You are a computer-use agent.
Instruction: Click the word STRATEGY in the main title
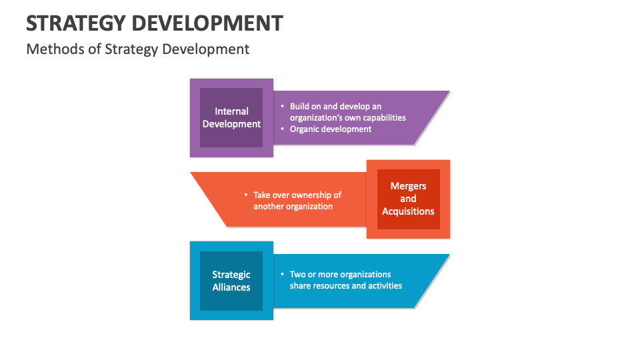pyautogui.click(x=74, y=23)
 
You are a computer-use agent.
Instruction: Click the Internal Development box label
pyautogui.click(x=231, y=117)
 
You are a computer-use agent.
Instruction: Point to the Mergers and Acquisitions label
pyautogui.click(x=408, y=199)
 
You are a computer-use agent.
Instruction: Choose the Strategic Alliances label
pyautogui.click(x=231, y=281)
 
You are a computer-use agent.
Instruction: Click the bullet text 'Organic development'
pyautogui.click(x=331, y=129)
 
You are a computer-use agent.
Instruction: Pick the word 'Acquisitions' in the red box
pyautogui.click(x=408, y=211)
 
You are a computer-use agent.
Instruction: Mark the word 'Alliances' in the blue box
pyautogui.click(x=231, y=287)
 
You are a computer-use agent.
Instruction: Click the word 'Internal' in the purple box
pyautogui.click(x=231, y=111)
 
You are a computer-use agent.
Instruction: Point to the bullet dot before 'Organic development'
pyautogui.click(x=282, y=129)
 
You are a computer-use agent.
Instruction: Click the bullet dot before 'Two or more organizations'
pyautogui.click(x=282, y=274)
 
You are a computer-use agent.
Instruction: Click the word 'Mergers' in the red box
pyautogui.click(x=408, y=186)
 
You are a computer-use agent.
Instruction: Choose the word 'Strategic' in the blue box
pyautogui.click(x=231, y=275)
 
